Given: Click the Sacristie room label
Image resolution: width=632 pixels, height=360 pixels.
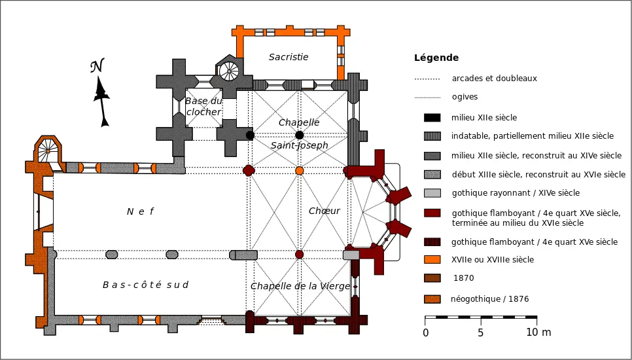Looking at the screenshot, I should point(289,57).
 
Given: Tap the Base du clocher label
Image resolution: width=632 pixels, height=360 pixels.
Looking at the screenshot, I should point(203,107).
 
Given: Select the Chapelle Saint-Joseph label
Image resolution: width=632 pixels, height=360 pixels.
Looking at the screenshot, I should point(299,134).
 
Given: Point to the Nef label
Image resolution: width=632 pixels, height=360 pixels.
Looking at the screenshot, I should point(139,211).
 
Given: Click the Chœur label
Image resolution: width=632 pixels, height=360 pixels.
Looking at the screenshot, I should point(325,211).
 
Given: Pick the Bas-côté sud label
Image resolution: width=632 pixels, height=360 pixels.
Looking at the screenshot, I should point(145,285).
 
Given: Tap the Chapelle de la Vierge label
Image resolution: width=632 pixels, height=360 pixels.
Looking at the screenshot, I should point(300,286).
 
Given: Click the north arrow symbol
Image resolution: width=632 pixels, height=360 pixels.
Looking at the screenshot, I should point(101,94).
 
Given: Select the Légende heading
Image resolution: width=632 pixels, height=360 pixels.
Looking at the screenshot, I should point(436,58).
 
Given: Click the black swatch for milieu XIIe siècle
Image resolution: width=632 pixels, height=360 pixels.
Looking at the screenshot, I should point(432,118).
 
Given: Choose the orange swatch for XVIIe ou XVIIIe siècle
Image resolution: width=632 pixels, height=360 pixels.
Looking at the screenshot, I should point(432,260).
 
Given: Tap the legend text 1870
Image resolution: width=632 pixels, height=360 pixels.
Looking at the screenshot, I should point(463,278).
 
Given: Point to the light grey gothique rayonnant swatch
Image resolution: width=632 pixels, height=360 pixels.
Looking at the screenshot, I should point(432,193).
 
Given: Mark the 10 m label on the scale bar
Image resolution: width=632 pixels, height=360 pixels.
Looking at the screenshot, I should point(538,333).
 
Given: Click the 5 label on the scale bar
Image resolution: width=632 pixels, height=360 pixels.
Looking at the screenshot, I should point(481,333).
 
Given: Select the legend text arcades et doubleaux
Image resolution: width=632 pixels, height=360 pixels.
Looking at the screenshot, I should point(494,79).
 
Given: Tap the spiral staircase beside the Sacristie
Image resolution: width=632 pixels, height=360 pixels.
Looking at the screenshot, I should point(229,70).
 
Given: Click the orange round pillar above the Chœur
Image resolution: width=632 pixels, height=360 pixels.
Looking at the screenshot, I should point(300,171).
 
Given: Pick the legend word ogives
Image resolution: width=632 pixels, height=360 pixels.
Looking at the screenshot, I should point(465,97).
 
